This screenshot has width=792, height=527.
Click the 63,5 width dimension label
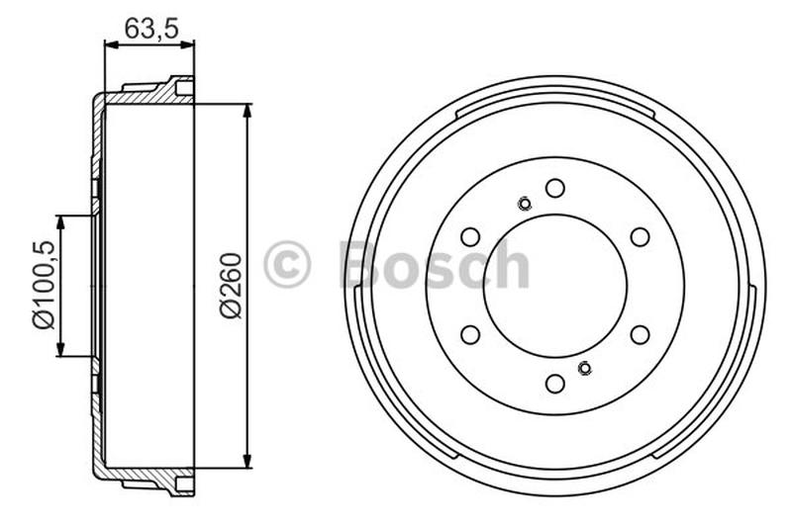[x=151, y=29]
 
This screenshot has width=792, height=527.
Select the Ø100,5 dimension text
[x=41, y=286]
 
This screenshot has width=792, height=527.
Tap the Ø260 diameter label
[x=229, y=286]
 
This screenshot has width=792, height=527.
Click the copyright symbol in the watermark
[x=287, y=265]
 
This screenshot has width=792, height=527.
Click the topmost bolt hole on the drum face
[x=555, y=188]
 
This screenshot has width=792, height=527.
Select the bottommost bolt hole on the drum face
[x=555, y=383]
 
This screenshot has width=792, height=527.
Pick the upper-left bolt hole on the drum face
[x=470, y=236]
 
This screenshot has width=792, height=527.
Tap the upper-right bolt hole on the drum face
[x=641, y=236]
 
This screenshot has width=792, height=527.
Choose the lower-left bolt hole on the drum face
[x=470, y=334]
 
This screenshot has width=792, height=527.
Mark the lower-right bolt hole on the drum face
[x=641, y=334]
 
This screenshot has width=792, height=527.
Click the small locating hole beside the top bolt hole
[x=525, y=205]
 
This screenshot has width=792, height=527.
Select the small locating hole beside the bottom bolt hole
[x=584, y=369]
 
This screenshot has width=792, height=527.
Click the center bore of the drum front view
[x=555, y=286]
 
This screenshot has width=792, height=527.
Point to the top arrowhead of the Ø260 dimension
[x=247, y=109]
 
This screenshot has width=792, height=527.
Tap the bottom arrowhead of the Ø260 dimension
[x=247, y=462]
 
